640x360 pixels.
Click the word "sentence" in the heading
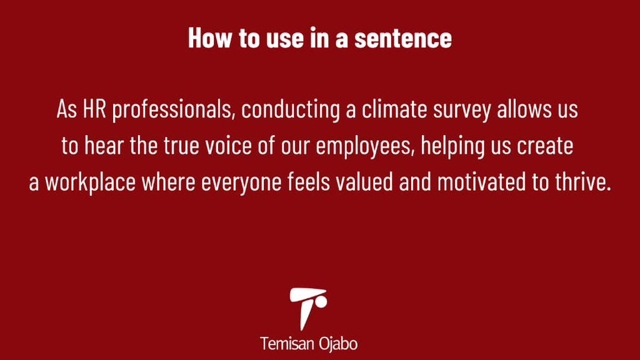pos(403,39)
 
